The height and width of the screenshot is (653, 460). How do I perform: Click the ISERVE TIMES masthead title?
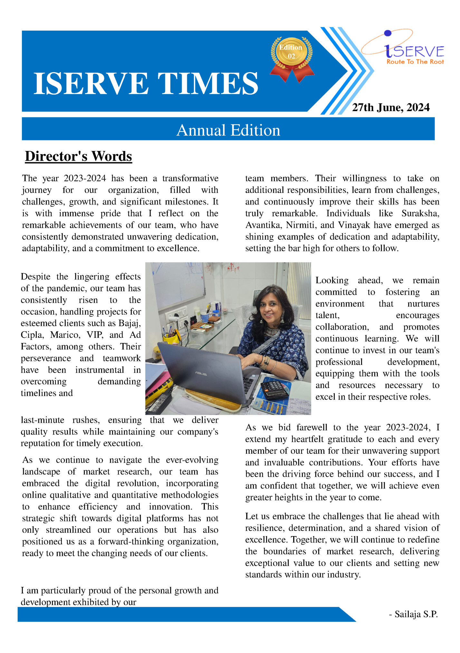point(146,83)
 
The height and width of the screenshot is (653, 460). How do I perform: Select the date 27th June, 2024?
point(390,108)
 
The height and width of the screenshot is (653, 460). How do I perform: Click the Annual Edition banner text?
point(228,130)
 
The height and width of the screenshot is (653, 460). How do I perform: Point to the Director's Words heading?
point(79,156)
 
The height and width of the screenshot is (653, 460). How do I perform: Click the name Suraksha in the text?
point(420,213)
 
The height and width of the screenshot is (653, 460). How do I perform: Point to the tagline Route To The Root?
point(415,62)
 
